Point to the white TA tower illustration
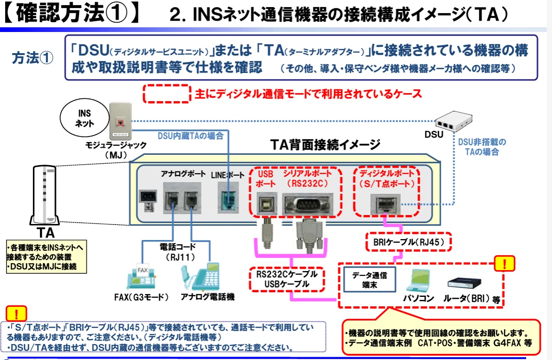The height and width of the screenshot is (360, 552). click(44, 195)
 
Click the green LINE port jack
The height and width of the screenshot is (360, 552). click(228, 200)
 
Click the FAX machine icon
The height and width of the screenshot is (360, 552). click(141, 276)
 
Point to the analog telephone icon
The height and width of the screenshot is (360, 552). click(200, 276)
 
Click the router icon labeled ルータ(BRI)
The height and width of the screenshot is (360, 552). click(464, 284)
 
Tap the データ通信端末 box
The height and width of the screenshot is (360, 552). click(369, 280)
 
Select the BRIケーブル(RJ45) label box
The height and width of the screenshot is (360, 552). click(408, 242)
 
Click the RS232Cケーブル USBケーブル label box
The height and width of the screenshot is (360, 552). click(287, 279)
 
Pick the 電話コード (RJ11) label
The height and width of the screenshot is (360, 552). click(178, 252)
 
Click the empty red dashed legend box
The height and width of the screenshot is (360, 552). click(167, 94)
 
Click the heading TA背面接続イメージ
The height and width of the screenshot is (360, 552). click(325, 144)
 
